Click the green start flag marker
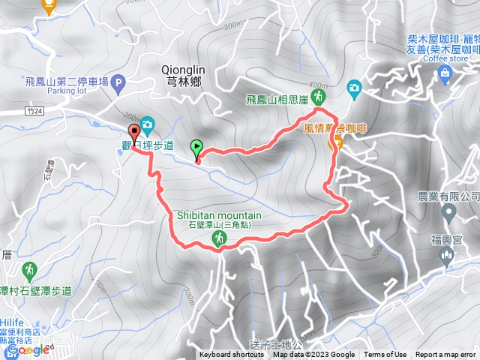(x=197, y=148)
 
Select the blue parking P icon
(x=118, y=85)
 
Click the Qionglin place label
(x=184, y=70)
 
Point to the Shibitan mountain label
(x=219, y=214)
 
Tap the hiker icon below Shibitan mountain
(x=218, y=238)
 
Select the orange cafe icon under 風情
(x=336, y=142)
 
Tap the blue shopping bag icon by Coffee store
(x=445, y=72)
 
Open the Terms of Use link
(x=385, y=355)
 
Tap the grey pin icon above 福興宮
(x=448, y=214)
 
